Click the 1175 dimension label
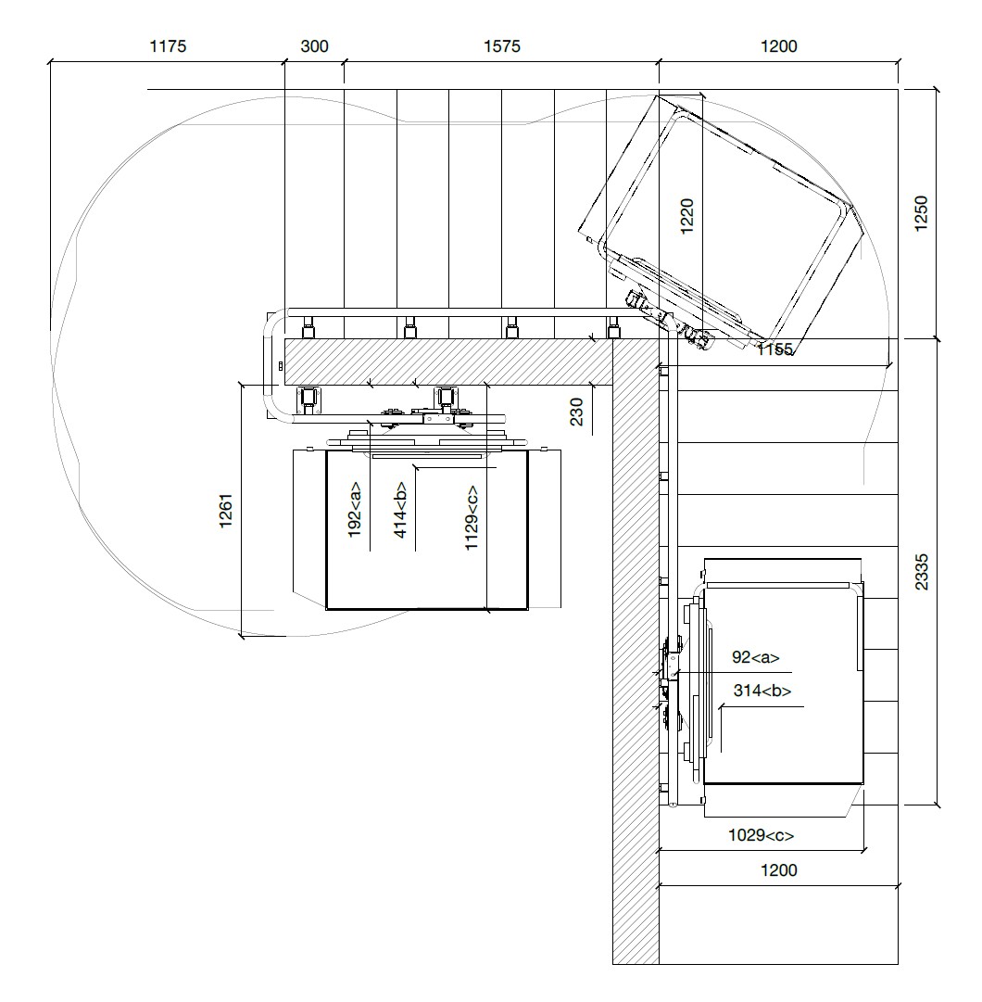coord(168,46)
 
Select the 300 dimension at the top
coord(315,46)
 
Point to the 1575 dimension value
coord(501,46)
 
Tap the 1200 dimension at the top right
coord(778,46)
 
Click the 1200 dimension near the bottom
coord(778,870)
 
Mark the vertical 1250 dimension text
coord(921,214)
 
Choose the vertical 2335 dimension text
coord(921,571)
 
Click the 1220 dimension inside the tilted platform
coord(686,217)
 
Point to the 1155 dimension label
coord(775,349)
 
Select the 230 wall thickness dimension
coord(576,411)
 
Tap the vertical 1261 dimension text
coord(226,511)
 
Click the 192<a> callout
coord(356,511)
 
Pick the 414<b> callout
coord(401,511)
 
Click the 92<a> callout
coord(755,658)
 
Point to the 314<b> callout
coord(762,691)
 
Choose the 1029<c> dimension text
coord(762,835)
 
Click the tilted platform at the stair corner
coord(723,218)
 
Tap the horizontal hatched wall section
coord(445,361)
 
